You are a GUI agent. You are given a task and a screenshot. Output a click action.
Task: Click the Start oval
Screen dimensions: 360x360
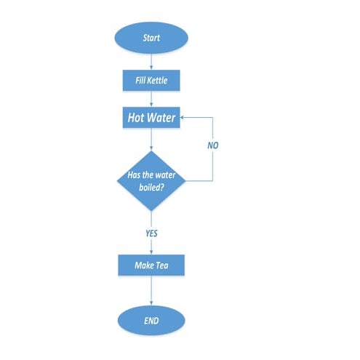pyautogui.click(x=151, y=38)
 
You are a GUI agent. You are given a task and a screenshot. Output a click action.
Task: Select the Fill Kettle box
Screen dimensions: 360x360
pyautogui.click(x=151, y=80)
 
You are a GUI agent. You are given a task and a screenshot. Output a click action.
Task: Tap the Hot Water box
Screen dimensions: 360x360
pyautogui.click(x=151, y=116)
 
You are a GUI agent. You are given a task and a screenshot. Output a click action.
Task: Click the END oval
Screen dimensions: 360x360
pyautogui.click(x=151, y=320)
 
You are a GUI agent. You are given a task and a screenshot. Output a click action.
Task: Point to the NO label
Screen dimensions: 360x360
pyautogui.click(x=212, y=145)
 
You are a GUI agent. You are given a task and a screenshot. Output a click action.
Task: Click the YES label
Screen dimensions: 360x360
pyautogui.click(x=151, y=233)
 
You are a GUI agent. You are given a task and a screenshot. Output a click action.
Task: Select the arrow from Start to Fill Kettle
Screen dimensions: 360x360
pyautogui.click(x=151, y=62)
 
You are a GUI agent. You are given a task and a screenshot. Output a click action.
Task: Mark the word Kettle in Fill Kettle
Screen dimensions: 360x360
pyautogui.click(x=159, y=80)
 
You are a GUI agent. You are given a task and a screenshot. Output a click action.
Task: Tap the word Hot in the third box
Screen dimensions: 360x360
pyautogui.click(x=137, y=116)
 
